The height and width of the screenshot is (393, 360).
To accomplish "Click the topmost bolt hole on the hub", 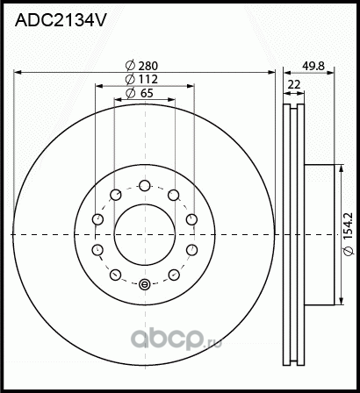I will tap(145, 185).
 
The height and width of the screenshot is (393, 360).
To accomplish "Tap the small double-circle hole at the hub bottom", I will tap(145, 282).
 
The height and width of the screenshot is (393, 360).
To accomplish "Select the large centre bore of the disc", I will tap(145, 233).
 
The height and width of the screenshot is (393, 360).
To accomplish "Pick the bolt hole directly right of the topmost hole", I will tap(174, 195).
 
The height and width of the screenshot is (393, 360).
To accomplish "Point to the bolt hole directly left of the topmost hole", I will tap(116, 195).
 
